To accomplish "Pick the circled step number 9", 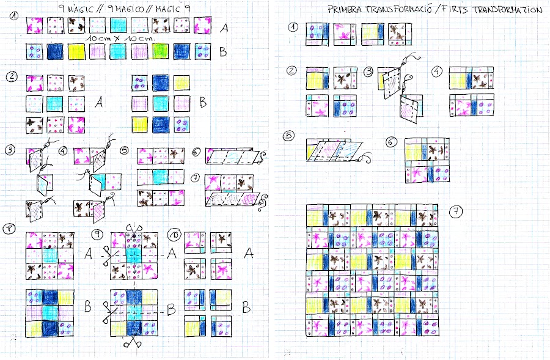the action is click(97, 234).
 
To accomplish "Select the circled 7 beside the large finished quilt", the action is click(456, 212).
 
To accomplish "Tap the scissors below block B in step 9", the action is click(130, 342).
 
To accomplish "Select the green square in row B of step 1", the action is click(159, 50).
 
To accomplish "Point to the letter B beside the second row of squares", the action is click(223, 52).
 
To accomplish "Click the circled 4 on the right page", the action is click(436, 72).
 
